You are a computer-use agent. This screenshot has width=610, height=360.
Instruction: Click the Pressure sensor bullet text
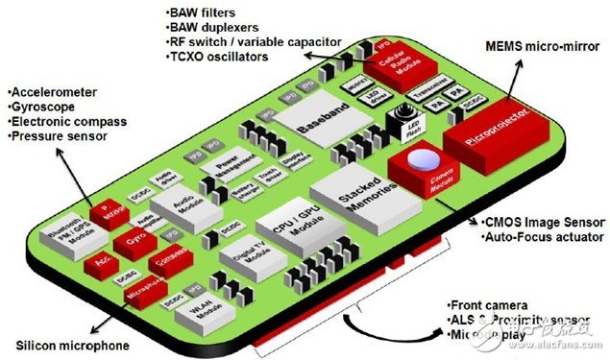(55, 136)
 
